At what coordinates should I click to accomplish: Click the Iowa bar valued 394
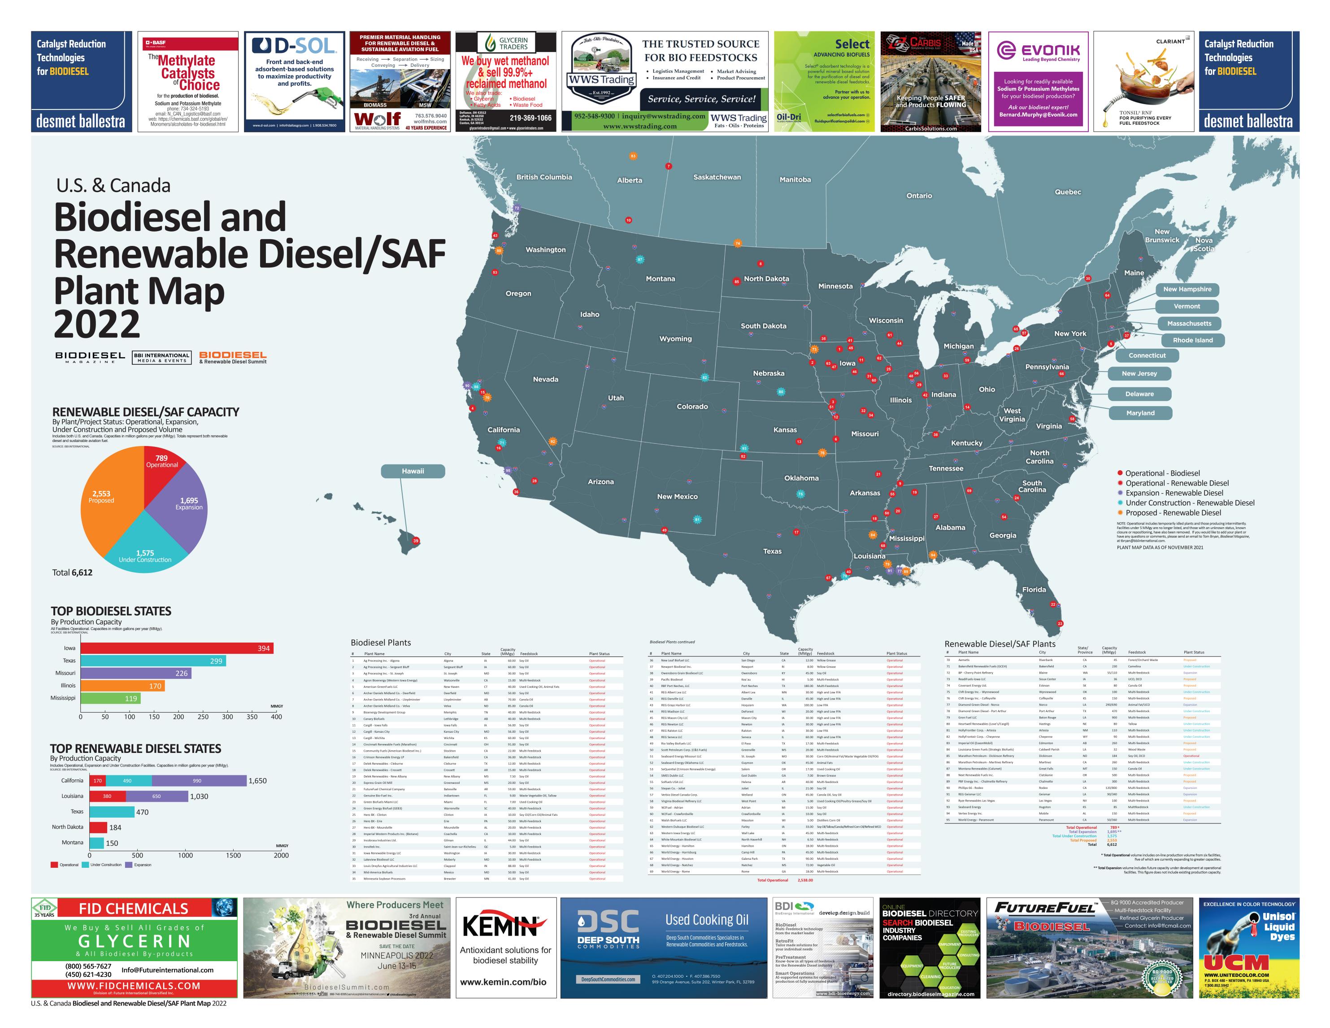pos(177,648)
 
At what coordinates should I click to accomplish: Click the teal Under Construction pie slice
pos(145,545)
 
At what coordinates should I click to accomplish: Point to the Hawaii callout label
pos(413,471)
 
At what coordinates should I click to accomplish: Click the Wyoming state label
pos(675,339)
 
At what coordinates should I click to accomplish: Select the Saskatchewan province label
pos(717,177)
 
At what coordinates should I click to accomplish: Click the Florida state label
pos(1034,589)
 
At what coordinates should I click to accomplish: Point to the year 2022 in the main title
pos(97,324)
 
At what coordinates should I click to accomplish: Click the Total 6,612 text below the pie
pos(73,572)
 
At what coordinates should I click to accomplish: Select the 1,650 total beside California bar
pos(257,781)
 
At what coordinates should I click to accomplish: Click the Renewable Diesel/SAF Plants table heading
pos(1000,643)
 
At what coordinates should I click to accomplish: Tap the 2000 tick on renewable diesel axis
pos(281,855)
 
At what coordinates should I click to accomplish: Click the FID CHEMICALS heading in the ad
pos(133,909)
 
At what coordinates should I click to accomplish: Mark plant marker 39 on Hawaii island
pos(416,541)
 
